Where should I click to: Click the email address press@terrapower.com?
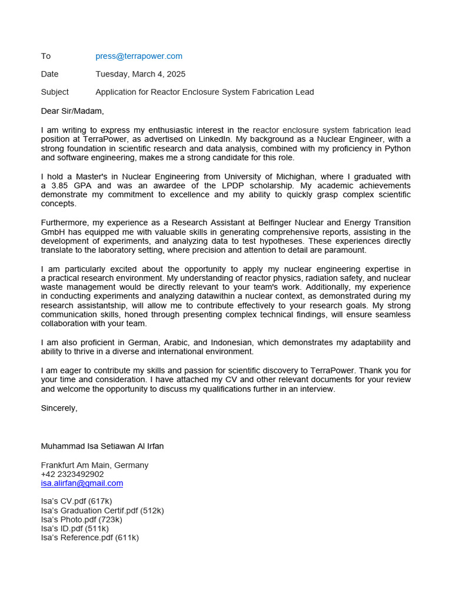coord(139,56)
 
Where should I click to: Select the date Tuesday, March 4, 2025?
coord(140,74)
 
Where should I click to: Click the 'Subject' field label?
coord(55,92)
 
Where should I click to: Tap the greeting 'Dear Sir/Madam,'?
coord(72,111)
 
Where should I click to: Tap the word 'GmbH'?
coord(52,232)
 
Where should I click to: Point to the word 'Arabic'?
coord(167,343)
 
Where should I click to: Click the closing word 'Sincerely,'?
coord(59,407)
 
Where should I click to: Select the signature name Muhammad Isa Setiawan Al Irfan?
coord(102,446)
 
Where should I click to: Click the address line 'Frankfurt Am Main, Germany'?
coord(95,465)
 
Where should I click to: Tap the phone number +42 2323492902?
coord(72,474)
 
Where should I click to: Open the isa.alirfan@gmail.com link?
coord(82,483)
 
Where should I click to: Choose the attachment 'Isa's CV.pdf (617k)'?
coord(77,501)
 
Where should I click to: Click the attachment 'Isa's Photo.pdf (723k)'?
coord(82,519)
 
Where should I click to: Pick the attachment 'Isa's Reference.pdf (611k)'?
coord(90,538)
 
